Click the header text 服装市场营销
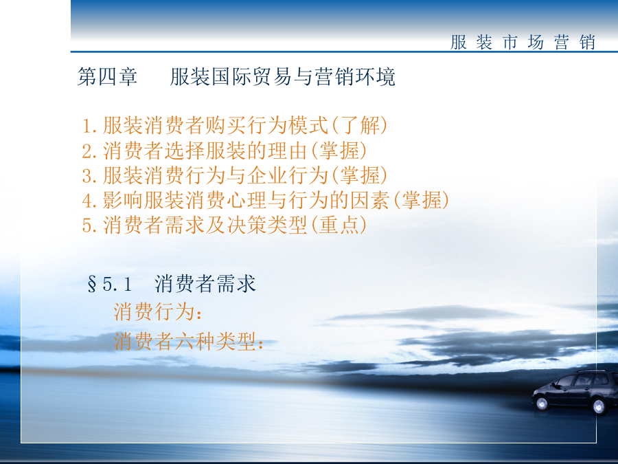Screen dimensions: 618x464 coord(523,42)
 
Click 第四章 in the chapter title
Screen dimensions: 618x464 coord(107,76)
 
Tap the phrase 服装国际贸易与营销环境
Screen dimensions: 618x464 coord(283,76)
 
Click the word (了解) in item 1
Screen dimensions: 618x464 coord(359,126)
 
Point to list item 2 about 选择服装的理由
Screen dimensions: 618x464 coord(225,151)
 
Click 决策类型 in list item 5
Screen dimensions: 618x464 coord(267,225)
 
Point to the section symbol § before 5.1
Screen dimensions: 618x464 coord(92,284)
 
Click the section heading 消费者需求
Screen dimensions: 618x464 coord(205,284)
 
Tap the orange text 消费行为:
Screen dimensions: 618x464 coord(158,311)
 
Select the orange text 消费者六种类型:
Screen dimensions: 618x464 coord(189,341)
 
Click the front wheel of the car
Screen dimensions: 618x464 coord(542,404)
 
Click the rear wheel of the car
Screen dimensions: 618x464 coord(599,406)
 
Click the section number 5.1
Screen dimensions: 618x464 coord(117,284)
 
